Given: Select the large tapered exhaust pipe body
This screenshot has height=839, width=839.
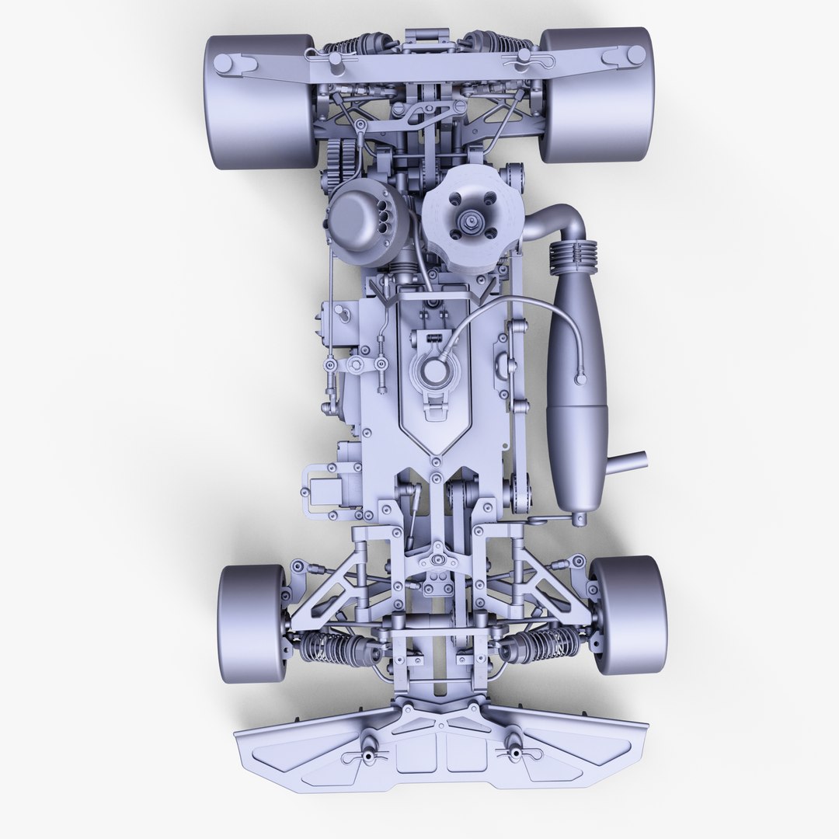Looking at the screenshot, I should (x=574, y=381).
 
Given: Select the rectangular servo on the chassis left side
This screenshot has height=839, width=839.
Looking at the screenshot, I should (x=327, y=489).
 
